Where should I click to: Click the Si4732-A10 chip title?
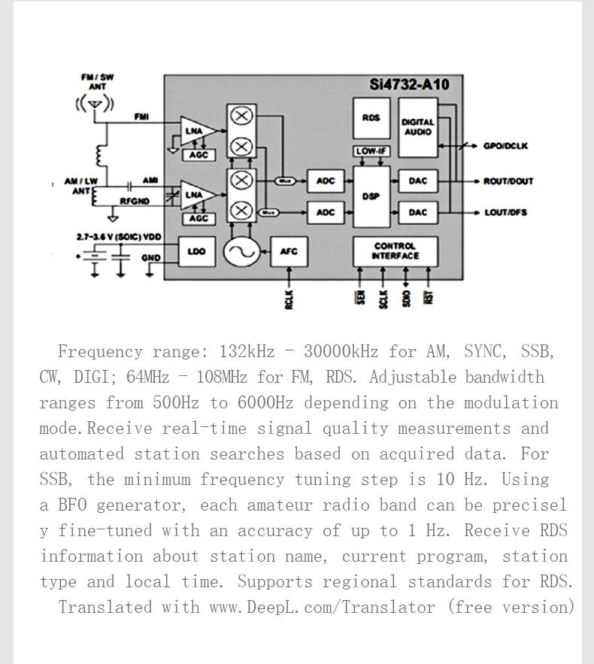(409, 84)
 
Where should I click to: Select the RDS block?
(371, 117)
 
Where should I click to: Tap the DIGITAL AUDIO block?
(418, 126)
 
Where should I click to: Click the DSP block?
(371, 196)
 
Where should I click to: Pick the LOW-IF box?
(371, 151)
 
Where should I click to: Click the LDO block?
(196, 251)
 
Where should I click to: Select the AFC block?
(289, 251)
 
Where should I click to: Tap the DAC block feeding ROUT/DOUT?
(418, 180)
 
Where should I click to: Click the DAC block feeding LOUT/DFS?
(418, 212)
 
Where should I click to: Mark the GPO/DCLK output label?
(505, 146)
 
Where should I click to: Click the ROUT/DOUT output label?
(509, 181)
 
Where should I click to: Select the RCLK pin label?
(289, 299)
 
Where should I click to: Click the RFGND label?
(135, 202)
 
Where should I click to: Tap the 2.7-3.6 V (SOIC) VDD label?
(119, 237)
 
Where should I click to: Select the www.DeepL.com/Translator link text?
(322, 608)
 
